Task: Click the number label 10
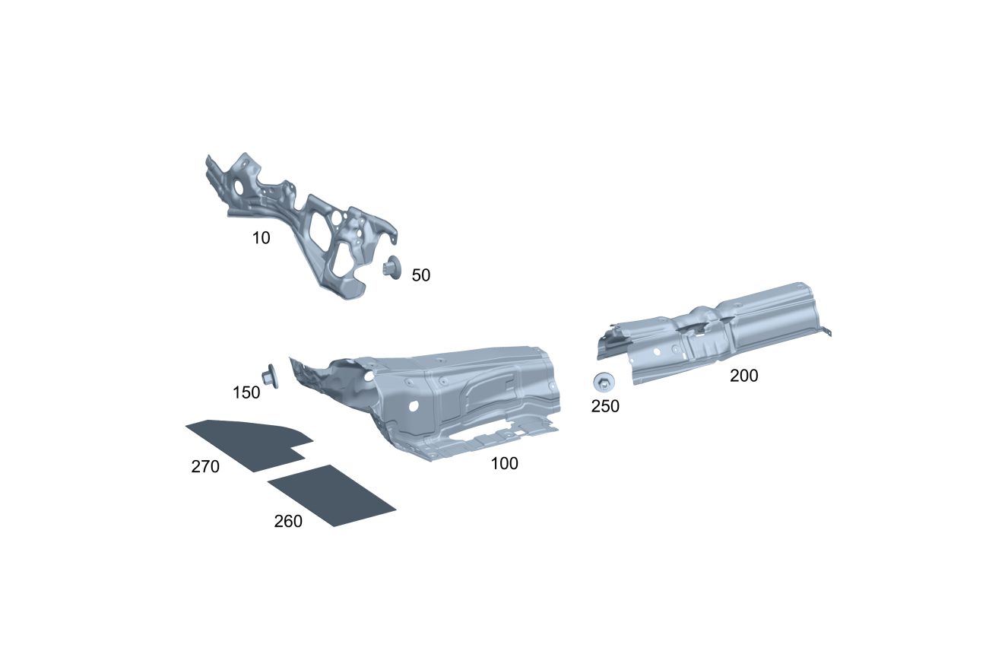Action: [x=261, y=238]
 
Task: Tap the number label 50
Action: [x=420, y=275]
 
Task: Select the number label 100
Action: [x=504, y=463]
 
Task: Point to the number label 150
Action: [x=246, y=392]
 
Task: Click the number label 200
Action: [x=744, y=376]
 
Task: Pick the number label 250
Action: [x=605, y=406]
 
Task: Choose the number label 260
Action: [x=288, y=522]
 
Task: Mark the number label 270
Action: [x=205, y=466]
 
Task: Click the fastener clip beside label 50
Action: [x=391, y=268]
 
